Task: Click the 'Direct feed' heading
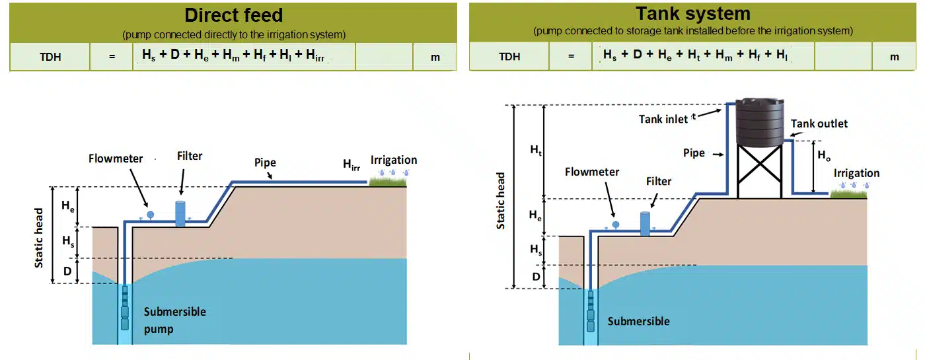click(233, 15)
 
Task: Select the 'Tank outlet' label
click(819, 124)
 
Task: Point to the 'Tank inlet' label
click(664, 119)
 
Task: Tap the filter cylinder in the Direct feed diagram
click(180, 213)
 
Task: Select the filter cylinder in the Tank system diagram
click(645, 223)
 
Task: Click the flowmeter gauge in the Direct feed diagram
click(150, 214)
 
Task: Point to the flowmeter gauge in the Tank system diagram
click(615, 225)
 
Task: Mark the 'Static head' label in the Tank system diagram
click(501, 201)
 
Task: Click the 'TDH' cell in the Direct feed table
click(50, 57)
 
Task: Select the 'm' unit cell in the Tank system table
click(895, 57)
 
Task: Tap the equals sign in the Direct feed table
click(112, 57)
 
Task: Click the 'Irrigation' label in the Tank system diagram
click(856, 173)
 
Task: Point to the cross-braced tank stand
click(760, 172)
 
